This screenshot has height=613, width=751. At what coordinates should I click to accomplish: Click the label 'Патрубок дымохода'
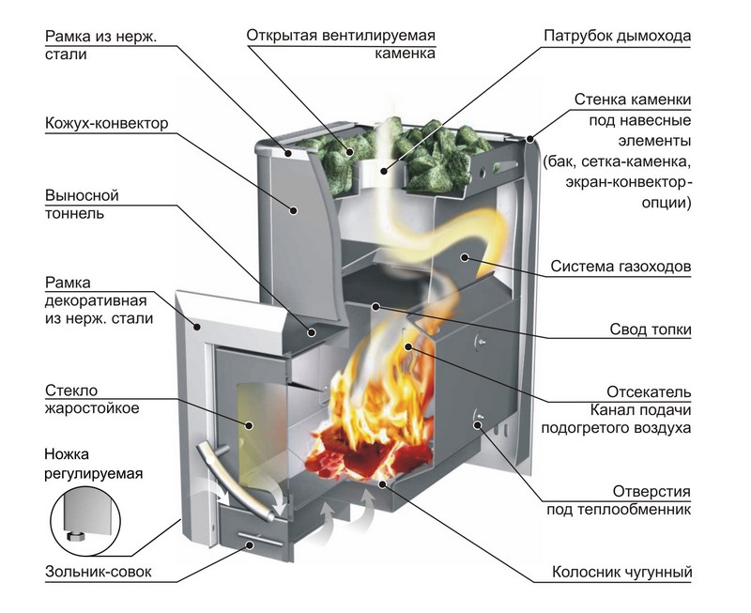618,36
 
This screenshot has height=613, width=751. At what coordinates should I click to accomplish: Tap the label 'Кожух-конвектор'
107,123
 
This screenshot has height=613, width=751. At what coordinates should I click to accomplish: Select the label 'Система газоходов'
621,267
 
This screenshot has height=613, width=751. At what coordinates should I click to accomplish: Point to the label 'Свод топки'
651,329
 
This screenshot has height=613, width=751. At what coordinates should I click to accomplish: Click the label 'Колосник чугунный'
622,572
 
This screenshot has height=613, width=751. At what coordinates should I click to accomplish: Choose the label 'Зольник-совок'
99,572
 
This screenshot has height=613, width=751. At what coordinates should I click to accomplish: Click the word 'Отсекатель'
649,391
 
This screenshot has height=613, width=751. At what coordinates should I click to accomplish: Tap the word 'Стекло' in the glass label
71,391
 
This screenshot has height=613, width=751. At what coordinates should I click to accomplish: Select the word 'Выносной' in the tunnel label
82,195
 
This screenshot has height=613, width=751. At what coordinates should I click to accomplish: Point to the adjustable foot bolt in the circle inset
74,535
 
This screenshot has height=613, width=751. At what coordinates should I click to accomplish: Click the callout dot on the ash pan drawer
250,544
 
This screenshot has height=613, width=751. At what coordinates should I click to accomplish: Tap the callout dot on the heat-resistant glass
249,425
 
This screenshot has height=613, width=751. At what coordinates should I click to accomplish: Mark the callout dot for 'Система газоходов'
464,257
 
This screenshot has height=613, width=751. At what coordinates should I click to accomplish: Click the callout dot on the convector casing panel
294,210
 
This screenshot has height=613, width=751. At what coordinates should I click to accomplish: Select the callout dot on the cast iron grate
382,484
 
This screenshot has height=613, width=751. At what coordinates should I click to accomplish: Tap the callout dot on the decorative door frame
197,327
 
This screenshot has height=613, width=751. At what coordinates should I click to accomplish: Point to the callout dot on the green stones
350,152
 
